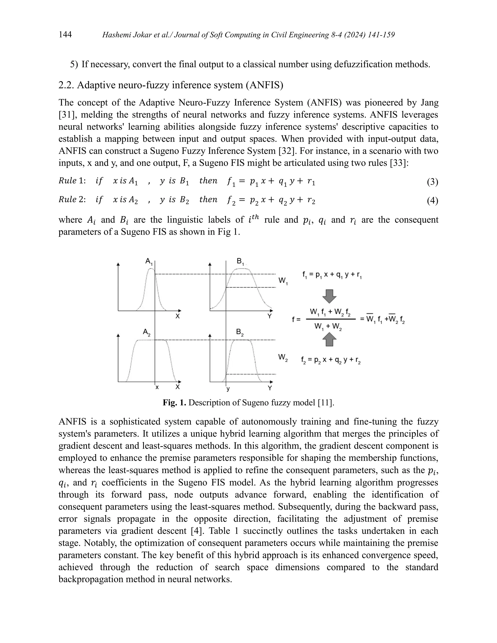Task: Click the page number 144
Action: (x=65, y=35)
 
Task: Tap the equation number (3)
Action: (x=432, y=182)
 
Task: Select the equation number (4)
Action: (x=432, y=201)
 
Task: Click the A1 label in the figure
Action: (x=149, y=261)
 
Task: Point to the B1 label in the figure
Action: (x=240, y=261)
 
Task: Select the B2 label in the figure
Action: (x=240, y=333)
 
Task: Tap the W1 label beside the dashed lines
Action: (x=283, y=281)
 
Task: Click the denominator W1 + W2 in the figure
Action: (x=328, y=327)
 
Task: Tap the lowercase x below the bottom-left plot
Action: (x=157, y=387)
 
